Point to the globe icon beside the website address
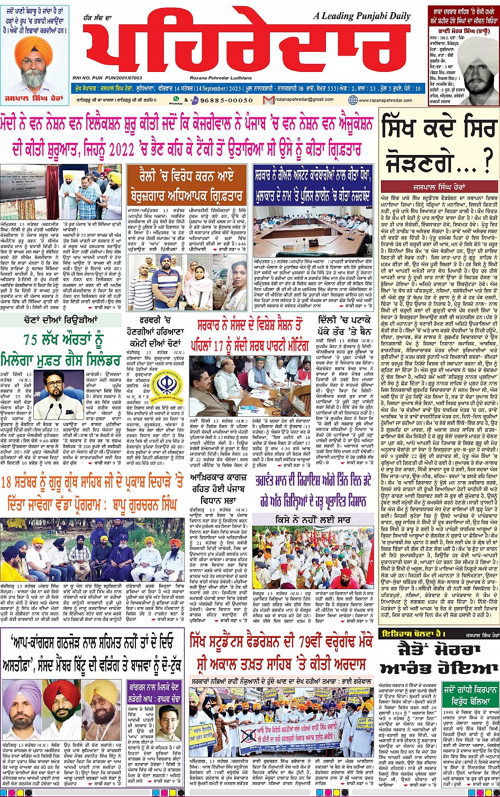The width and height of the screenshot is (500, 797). tap(353, 100)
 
